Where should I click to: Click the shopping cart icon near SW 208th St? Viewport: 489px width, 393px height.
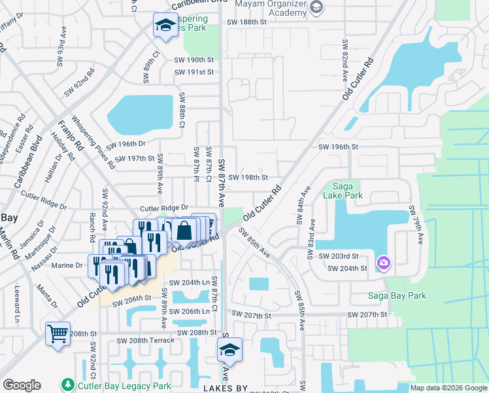pos(58,334)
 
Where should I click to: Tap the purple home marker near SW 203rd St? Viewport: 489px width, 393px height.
pos(383,263)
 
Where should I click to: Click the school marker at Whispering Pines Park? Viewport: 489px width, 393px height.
pos(165,26)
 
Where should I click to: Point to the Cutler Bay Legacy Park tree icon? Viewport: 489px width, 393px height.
pos(67,384)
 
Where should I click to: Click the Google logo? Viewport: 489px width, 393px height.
pos(22,385)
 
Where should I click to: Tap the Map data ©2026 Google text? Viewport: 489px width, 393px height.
pos(448,388)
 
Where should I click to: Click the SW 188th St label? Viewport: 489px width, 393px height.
pos(248,22)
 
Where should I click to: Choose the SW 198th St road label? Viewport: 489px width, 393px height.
pos(248,177)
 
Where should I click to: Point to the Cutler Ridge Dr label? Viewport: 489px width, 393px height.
pos(163,208)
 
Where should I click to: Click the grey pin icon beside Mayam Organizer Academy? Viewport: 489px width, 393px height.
pos(317,7)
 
